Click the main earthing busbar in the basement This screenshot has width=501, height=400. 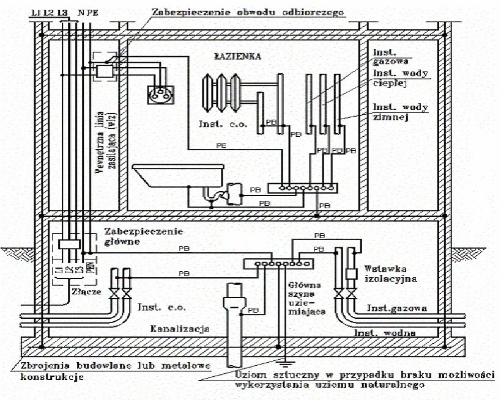point(278,264)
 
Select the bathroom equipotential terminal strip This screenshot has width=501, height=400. point(305,187)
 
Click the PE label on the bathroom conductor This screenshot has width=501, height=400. point(223,145)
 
